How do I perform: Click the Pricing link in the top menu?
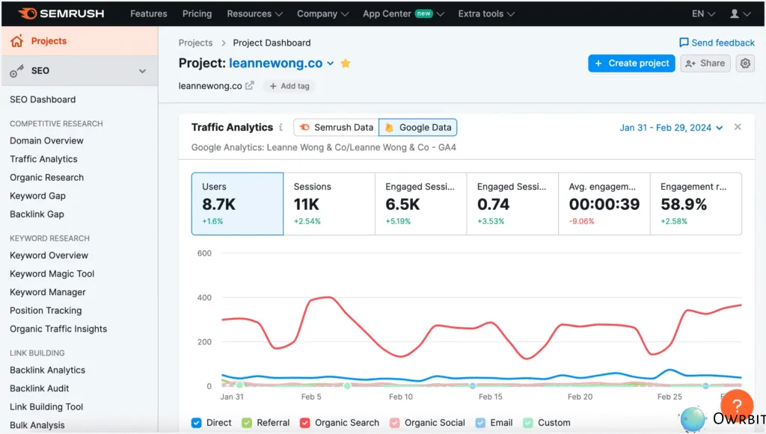[x=197, y=13]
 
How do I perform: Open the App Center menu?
[x=403, y=13]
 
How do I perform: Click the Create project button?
[x=631, y=63]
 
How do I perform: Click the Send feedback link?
[x=717, y=43]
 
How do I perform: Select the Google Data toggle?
[x=417, y=127]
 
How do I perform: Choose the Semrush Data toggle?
[x=336, y=127]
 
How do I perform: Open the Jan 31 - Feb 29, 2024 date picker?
[x=671, y=128]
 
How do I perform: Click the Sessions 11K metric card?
[x=329, y=204]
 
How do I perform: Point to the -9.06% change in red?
[x=583, y=221]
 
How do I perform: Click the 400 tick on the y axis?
[x=204, y=297]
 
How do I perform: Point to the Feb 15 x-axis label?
[x=491, y=397]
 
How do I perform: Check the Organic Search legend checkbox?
[x=305, y=423]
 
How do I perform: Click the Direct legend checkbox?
[x=197, y=423]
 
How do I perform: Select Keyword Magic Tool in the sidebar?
[x=52, y=273]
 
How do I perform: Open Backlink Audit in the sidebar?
[x=39, y=388]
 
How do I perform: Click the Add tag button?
[x=289, y=86]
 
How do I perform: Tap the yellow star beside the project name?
[x=346, y=63]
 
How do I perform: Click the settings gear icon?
[x=745, y=63]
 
